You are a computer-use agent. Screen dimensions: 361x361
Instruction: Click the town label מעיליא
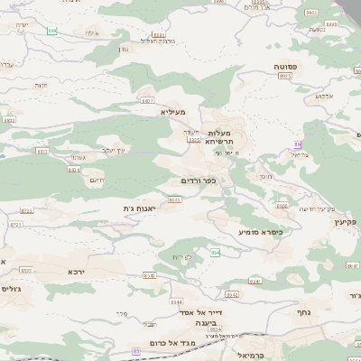pyautogui.click(x=174, y=112)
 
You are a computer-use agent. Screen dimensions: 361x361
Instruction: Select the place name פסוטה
pyautogui.click(x=288, y=68)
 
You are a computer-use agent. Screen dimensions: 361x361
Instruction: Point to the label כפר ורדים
pyautogui.click(x=199, y=180)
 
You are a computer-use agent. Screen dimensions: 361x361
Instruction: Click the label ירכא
pyautogui.click(x=77, y=271)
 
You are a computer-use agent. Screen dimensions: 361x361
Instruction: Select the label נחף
pyautogui.click(x=304, y=311)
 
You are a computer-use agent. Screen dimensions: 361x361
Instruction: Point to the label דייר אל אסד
pyautogui.click(x=190, y=311)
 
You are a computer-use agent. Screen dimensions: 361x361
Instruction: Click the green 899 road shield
pyautogui.click(x=51, y=32)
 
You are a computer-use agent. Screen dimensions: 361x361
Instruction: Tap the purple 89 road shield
pyautogui.click(x=297, y=143)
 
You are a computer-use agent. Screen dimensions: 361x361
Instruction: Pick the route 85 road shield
pyautogui.click(x=136, y=350)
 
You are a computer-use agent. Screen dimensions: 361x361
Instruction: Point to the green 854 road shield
pyautogui.click(x=215, y=253)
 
